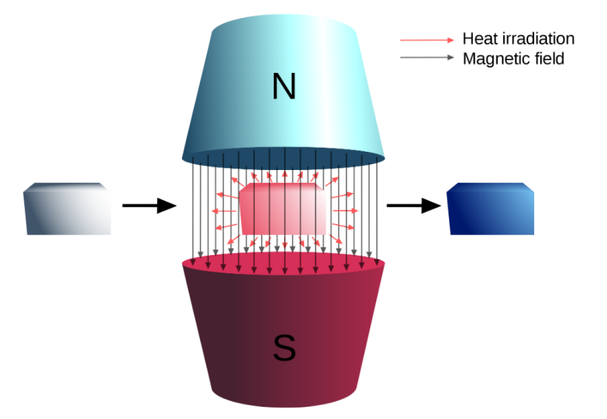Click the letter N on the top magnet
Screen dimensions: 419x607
[283, 87]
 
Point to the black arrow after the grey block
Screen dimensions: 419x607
[149, 205]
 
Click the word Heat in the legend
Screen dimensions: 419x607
[478, 39]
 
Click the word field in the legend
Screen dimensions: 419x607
[547, 59]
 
